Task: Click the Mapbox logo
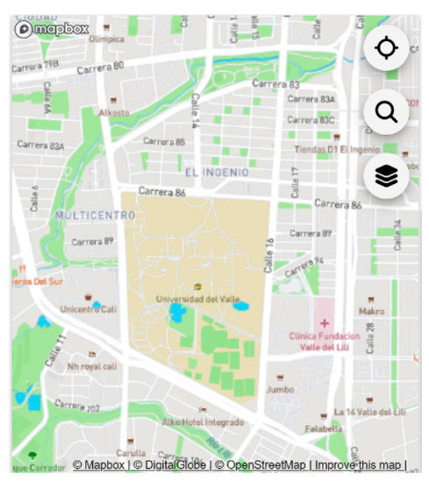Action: (53, 29)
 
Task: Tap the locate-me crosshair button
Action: (386, 48)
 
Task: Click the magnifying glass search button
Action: (386, 112)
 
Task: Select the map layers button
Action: (386, 176)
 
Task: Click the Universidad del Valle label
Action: (198, 300)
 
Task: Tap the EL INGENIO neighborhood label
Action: (216, 173)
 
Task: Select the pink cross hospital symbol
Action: (325, 323)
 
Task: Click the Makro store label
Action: (371, 311)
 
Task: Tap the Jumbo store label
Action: (280, 389)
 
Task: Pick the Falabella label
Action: (324, 429)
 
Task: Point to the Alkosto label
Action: (113, 113)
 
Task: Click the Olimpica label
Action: (106, 39)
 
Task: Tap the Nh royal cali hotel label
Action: (91, 366)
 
